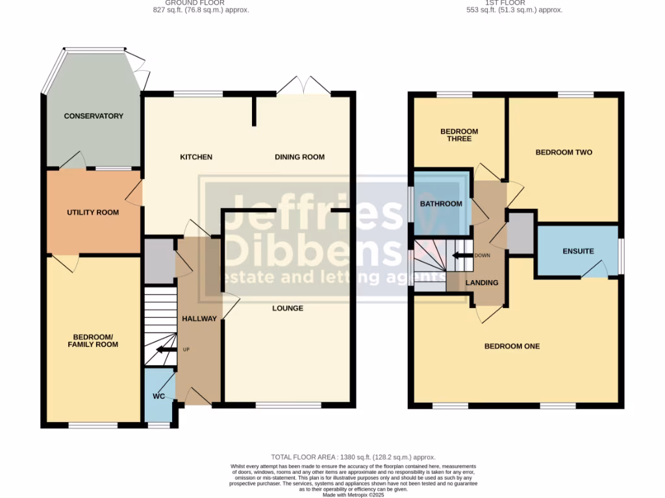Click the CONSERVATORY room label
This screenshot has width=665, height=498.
[93, 116]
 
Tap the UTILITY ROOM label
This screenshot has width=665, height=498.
[93, 212]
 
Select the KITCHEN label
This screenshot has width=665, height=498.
[196, 157]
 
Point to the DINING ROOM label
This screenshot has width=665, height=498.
[299, 157]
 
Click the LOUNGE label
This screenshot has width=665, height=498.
[288, 308]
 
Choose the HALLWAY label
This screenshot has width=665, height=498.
[199, 318]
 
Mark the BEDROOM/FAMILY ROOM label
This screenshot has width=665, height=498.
[94, 340]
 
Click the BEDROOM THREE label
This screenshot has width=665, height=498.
[459, 135]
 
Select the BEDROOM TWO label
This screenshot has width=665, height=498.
[564, 152]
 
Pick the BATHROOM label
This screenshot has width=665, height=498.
[441, 204]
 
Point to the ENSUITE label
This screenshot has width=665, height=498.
[578, 251]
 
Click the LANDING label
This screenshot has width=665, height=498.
[482, 283]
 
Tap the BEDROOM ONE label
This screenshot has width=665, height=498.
[512, 346]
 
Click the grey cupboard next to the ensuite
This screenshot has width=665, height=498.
[520, 234]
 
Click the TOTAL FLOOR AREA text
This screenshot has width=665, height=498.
[353, 457]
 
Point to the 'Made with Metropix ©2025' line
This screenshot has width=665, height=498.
[353, 495]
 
